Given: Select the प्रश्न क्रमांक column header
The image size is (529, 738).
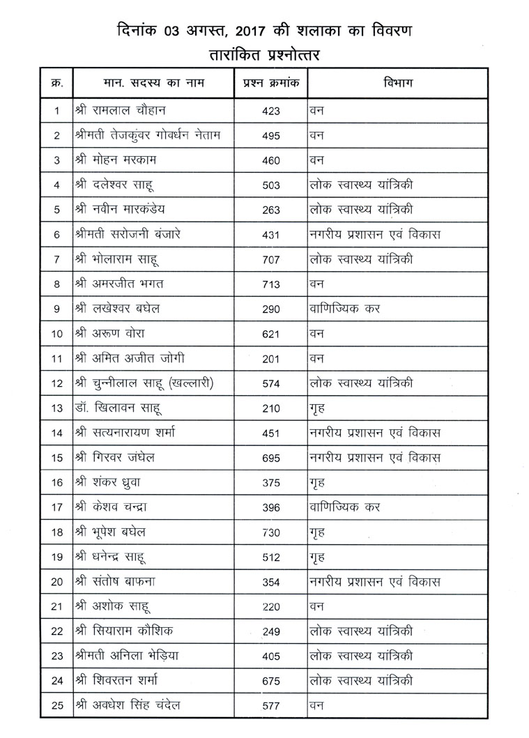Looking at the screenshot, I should point(271,83).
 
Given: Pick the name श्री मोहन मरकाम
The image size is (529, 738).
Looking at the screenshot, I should point(117,160).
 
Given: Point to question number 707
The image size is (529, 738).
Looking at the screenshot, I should point(271,260).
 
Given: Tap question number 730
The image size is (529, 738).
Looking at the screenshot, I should point(271,532).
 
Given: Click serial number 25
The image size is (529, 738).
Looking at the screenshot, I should point(57,707).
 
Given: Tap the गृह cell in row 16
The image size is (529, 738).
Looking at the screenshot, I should point(319,482).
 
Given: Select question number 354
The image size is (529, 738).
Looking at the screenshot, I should point(271,582).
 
